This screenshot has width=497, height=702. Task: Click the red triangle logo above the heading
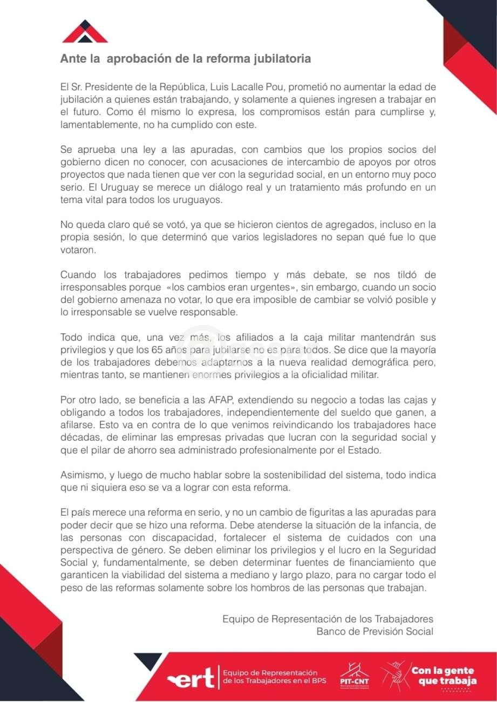pyautogui.click(x=85, y=32)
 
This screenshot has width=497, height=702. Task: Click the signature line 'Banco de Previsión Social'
pyautogui.click(x=375, y=631)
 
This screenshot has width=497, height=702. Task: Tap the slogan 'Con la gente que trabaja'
pyautogui.click(x=444, y=676)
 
